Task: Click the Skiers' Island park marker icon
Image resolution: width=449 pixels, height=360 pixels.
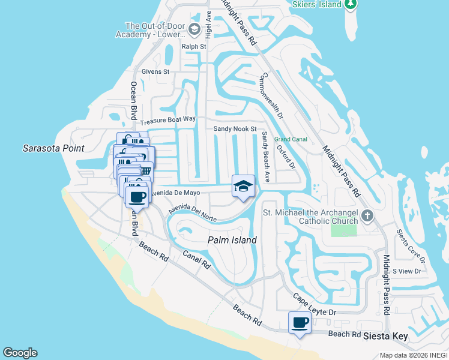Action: [x=351, y=4]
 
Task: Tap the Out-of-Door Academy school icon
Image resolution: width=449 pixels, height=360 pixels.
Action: [x=194, y=29]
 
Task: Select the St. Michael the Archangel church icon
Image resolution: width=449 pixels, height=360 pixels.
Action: [x=368, y=215]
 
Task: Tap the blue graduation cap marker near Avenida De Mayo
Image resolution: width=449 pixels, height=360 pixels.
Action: [x=244, y=186]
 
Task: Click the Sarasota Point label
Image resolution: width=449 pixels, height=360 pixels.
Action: [x=53, y=148]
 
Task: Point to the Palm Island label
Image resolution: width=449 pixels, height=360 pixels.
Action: [x=232, y=240]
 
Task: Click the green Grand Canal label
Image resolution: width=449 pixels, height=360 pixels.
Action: [x=291, y=139]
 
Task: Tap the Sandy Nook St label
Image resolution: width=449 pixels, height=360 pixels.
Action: [x=235, y=129]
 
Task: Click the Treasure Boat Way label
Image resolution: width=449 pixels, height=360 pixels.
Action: [x=168, y=120]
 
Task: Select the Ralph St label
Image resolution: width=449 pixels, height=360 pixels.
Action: [x=194, y=46]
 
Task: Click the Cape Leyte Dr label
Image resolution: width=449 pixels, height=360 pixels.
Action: [x=315, y=305]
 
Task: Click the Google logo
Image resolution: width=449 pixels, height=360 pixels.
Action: [x=20, y=353]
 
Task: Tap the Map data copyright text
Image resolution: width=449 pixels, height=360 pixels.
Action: [x=414, y=355]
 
